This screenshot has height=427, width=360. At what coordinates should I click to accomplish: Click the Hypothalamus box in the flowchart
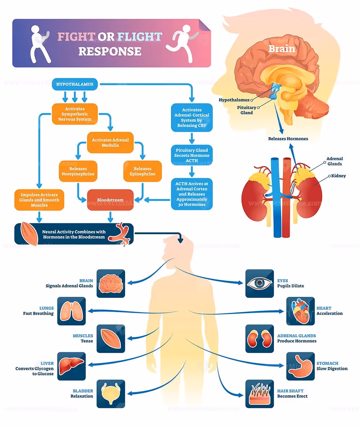(75, 85)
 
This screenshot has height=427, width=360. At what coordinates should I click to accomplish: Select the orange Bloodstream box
(110, 200)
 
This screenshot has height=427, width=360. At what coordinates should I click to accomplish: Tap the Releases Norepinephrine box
(78, 171)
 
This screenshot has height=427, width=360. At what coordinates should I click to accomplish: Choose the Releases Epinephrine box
(143, 171)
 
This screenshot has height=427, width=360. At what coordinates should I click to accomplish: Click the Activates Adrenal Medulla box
(110, 142)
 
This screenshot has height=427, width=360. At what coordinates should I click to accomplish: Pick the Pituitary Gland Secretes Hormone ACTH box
(192, 155)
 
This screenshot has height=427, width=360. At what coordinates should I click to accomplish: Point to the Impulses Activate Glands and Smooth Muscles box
(40, 200)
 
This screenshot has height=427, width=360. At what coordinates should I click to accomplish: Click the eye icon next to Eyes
(260, 283)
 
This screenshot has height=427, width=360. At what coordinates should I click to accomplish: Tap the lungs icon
(71, 311)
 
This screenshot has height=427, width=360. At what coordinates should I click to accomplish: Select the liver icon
(71, 366)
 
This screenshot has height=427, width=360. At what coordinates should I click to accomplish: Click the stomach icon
(300, 366)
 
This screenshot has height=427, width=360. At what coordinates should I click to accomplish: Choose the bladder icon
(111, 394)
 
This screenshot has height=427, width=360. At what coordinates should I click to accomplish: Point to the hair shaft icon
(260, 394)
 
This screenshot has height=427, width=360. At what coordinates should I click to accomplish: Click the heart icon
(300, 311)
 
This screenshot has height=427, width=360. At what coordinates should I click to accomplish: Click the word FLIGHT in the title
(139, 37)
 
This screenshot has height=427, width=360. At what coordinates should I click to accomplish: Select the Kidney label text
(338, 176)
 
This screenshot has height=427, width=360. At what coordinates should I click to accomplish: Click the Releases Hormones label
(288, 138)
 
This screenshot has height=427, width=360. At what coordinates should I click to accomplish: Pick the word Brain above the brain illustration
(282, 49)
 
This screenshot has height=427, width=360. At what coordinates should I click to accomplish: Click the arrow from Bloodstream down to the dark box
(110, 216)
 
